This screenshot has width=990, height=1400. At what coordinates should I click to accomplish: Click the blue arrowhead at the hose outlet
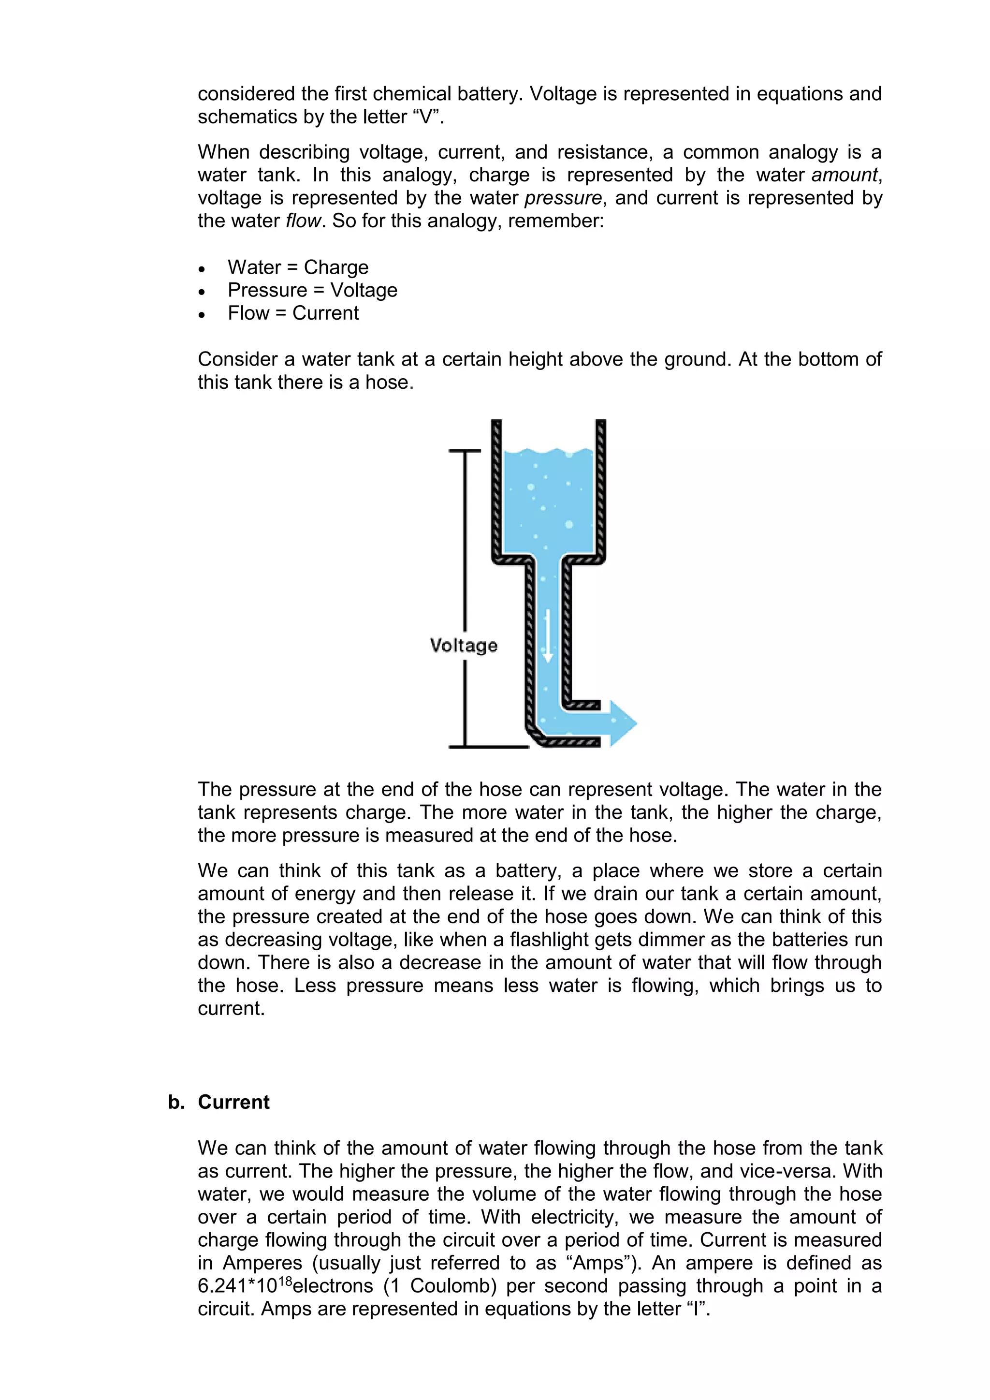(623, 724)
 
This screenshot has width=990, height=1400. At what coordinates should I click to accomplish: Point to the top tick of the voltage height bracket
(465, 451)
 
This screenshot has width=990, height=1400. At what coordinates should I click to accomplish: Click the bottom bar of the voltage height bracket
(488, 746)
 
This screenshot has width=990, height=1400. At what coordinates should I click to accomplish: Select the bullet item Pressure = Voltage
(312, 290)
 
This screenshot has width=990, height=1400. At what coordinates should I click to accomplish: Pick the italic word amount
(844, 175)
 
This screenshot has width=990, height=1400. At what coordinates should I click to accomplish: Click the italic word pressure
(563, 198)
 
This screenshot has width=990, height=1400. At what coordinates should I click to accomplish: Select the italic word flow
(303, 221)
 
